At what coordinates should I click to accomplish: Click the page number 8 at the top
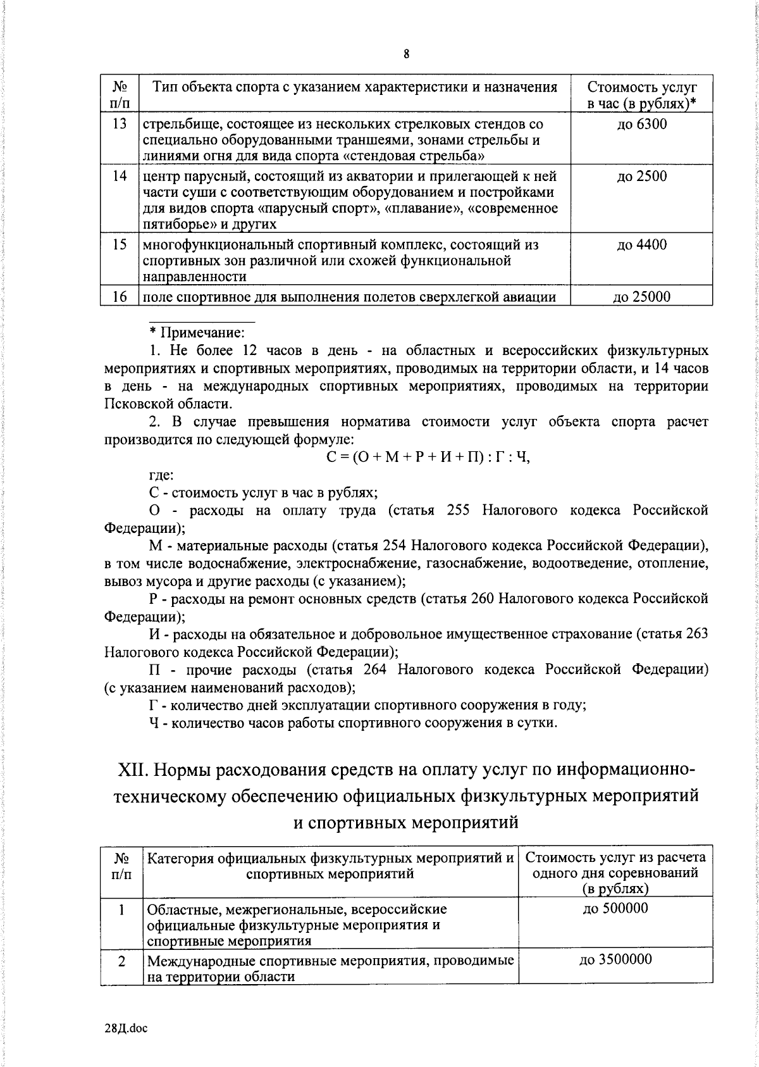[406, 54]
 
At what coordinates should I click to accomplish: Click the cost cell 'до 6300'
[641, 124]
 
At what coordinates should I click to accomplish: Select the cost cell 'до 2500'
[641, 177]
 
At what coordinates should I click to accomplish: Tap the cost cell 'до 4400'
[641, 245]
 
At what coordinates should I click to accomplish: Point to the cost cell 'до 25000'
[641, 297]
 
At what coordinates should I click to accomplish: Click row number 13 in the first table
[120, 124]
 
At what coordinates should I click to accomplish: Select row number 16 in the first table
[120, 297]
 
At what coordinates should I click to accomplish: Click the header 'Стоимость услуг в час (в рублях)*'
[641, 95]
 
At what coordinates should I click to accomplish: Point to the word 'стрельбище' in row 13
[174, 125]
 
